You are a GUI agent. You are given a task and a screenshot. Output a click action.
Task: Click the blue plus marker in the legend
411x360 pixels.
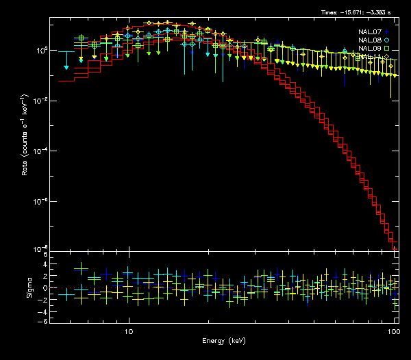click(x=387, y=31)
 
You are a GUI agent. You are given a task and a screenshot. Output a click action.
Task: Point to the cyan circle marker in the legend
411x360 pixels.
click(x=387, y=40)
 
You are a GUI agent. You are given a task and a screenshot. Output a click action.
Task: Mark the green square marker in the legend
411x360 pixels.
click(x=387, y=49)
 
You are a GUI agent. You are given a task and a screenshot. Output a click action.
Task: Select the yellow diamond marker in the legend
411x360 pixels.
click(x=387, y=57)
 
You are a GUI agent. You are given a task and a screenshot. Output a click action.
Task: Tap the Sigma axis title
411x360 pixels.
click(x=28, y=287)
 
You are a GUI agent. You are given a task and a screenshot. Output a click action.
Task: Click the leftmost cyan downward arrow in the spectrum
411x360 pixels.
click(x=66, y=68)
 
